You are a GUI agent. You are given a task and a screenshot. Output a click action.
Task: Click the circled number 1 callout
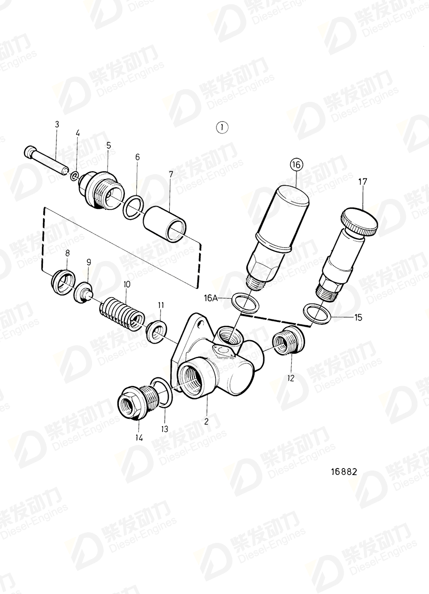click(222, 127)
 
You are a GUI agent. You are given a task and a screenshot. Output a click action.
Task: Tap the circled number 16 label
click(296, 165)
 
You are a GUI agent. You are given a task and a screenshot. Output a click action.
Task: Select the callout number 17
click(362, 182)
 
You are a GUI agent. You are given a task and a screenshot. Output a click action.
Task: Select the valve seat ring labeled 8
click(63, 283)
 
